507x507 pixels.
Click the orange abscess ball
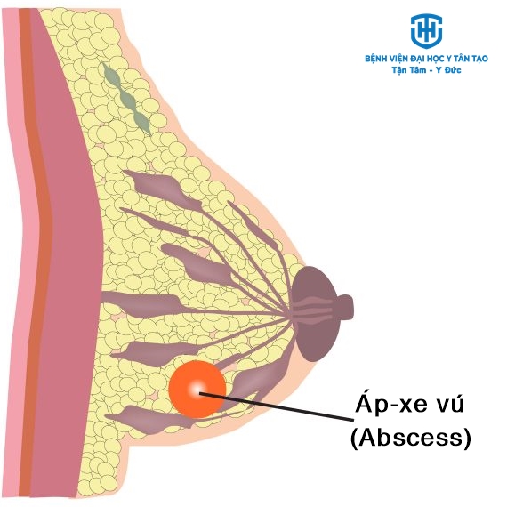(197, 389)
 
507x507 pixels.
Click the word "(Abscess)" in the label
(411, 438)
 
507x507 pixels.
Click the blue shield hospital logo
(426, 31)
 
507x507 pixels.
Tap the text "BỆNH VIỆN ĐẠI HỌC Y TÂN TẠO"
(426, 59)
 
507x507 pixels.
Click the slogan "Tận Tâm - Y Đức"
(426, 70)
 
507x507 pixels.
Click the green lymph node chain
(126, 99)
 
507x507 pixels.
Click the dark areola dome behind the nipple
(314, 313)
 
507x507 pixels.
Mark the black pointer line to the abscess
(277, 406)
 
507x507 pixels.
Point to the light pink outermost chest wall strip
(16, 253)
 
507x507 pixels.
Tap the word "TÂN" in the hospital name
(460, 59)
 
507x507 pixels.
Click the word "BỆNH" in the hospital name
(375, 59)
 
